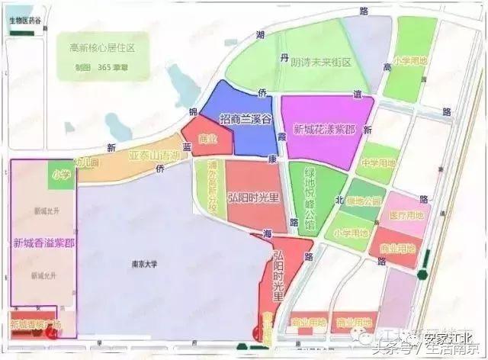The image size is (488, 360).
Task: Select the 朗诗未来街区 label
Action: point(321,63)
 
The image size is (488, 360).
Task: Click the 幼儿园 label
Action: point(85,162)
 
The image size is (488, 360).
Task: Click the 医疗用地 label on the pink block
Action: point(409,217)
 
